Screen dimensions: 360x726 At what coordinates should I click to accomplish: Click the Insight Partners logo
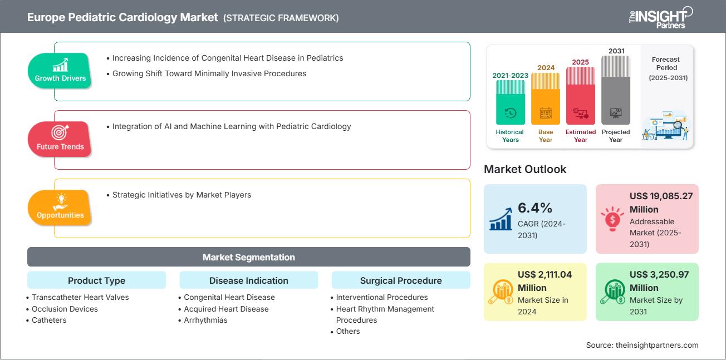pos(660,17)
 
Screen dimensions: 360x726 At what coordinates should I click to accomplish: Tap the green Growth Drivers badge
pos(60,71)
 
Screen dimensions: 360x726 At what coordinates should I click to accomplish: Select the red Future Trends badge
pos(60,139)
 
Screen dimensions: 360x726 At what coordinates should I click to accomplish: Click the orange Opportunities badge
pos(60,208)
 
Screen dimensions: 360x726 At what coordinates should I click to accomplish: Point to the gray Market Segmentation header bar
pos(248,257)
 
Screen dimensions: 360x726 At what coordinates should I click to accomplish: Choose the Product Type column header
pos(96,280)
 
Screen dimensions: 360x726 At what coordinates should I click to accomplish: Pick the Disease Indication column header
pos(248,280)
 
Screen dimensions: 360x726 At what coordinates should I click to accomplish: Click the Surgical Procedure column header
pos(400,280)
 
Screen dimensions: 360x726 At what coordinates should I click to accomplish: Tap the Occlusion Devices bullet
pos(65,309)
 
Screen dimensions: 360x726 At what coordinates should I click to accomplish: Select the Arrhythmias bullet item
pos(205,320)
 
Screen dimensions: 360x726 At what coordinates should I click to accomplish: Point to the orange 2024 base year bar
pos(546,98)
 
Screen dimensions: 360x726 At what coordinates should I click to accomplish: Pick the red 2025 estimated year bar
pos(581,95)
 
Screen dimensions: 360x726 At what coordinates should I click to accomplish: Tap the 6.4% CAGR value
pos(535,208)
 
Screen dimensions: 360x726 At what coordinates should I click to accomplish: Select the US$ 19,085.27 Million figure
pos(661,203)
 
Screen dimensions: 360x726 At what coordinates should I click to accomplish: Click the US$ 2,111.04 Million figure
pos(544,281)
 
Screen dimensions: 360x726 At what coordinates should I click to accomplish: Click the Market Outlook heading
pos(525,169)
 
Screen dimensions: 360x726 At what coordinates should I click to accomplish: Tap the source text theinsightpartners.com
pos(642,345)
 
